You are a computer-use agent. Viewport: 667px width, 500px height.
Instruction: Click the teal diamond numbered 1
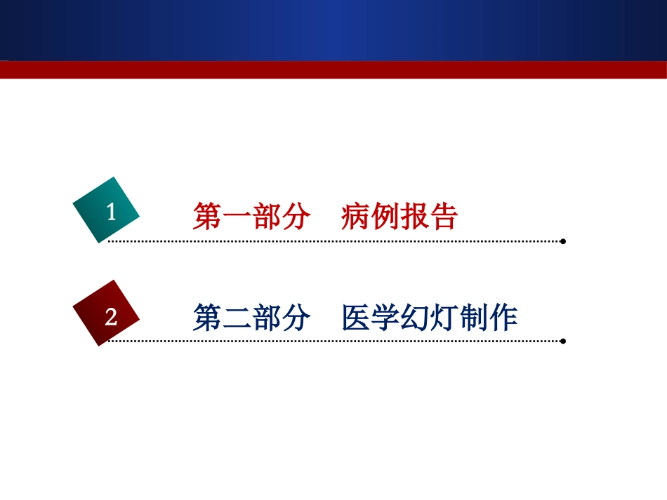click(x=107, y=210)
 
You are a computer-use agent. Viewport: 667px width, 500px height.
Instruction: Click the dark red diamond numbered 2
click(x=107, y=313)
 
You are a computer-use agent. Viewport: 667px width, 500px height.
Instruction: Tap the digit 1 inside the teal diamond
click(x=111, y=212)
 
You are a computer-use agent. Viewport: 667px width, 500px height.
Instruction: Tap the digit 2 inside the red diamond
click(x=111, y=318)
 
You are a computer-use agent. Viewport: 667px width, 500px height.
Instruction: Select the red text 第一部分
click(x=251, y=217)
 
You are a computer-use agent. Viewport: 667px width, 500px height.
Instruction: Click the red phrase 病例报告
click(x=399, y=217)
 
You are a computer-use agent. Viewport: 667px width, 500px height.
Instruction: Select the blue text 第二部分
click(x=251, y=318)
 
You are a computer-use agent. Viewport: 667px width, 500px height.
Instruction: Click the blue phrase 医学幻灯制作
click(x=430, y=318)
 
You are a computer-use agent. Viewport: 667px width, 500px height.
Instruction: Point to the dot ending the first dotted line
click(x=563, y=241)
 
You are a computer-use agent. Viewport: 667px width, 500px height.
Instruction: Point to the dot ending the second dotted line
click(x=563, y=342)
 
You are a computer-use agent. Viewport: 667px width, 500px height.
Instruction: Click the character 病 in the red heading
click(x=355, y=217)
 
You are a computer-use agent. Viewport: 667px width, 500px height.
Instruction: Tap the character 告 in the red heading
click(x=444, y=217)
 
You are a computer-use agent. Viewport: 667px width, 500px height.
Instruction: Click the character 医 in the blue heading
click(x=355, y=318)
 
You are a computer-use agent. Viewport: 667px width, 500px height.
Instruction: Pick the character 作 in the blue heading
click(x=504, y=318)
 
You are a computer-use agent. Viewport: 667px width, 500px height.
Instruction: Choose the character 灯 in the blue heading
click(x=444, y=318)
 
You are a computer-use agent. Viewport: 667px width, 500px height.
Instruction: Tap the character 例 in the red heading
click(x=385, y=217)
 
